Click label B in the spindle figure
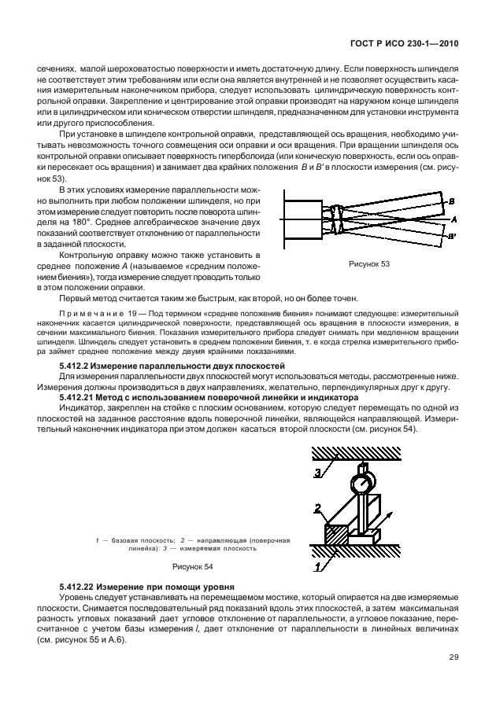450,202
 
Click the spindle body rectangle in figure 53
302,219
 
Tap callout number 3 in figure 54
317,472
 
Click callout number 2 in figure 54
317,507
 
